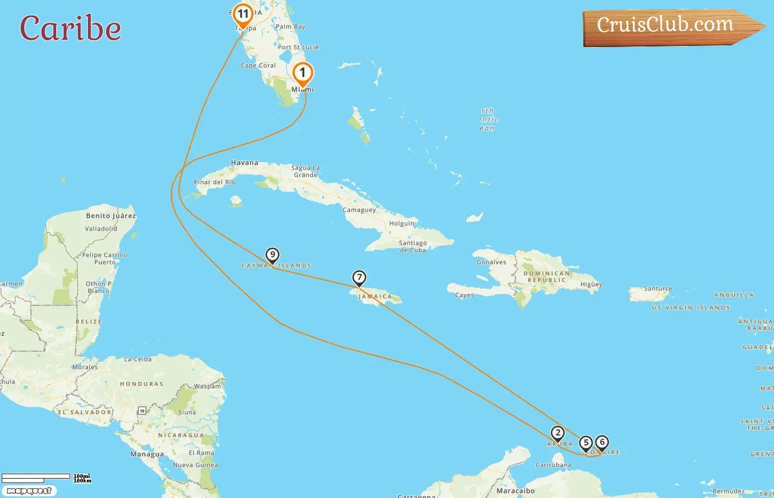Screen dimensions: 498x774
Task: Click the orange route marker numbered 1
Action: click(x=302, y=73)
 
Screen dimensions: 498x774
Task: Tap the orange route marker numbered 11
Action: click(x=243, y=14)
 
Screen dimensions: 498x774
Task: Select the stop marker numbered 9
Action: click(x=272, y=255)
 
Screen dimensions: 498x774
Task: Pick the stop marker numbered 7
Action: click(x=359, y=278)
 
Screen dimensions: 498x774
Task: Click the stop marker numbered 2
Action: click(x=558, y=433)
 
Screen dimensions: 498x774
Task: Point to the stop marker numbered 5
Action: click(x=586, y=443)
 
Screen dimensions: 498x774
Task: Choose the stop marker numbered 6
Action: click(x=602, y=443)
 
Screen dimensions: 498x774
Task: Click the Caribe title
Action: click(x=71, y=29)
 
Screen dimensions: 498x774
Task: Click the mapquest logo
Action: click(x=29, y=491)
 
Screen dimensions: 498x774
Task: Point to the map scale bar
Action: click(x=36, y=477)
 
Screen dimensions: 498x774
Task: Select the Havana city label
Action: click(x=244, y=163)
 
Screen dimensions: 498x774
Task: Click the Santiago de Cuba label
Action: click(x=412, y=246)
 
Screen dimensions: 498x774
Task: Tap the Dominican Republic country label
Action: click(x=546, y=277)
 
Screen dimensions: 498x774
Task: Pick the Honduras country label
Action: click(x=142, y=383)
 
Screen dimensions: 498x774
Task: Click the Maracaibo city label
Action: click(x=515, y=491)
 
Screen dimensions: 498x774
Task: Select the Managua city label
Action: click(x=147, y=454)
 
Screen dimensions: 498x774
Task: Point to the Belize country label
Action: click(x=88, y=321)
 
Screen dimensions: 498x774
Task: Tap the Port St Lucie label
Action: click(x=299, y=47)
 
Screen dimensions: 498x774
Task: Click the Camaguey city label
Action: click(x=359, y=210)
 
